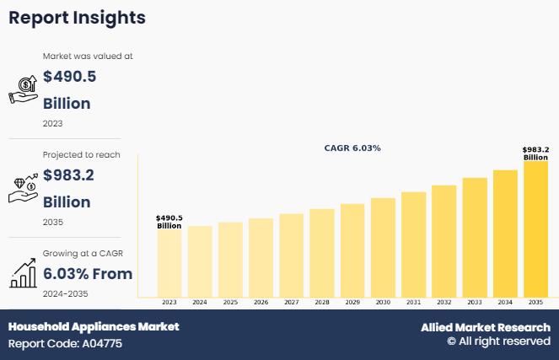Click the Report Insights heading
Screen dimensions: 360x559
(x=77, y=18)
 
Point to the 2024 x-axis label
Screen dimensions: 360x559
(x=200, y=302)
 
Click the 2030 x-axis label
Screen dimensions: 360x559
(x=383, y=302)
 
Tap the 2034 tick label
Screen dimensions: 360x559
(x=505, y=302)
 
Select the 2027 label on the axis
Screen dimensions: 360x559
(x=291, y=302)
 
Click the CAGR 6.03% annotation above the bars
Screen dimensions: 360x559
(x=352, y=148)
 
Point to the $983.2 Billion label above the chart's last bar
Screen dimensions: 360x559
(x=535, y=153)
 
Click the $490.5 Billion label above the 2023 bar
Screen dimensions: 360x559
(x=169, y=222)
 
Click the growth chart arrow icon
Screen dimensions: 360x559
(x=23, y=272)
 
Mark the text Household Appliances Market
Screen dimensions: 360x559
(x=94, y=326)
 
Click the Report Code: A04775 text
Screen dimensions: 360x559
(x=65, y=344)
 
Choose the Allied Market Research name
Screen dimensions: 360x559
(x=486, y=327)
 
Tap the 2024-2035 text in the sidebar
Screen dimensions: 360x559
(x=66, y=293)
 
